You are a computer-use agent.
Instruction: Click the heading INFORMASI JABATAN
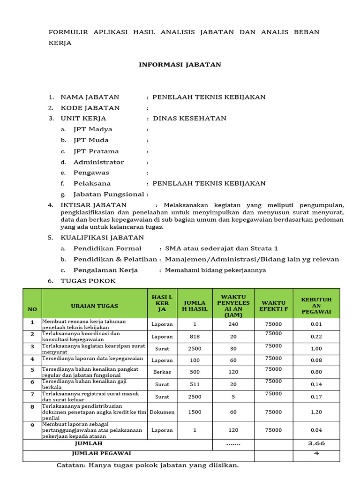[180, 65]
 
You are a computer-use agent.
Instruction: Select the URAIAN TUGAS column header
[94, 306]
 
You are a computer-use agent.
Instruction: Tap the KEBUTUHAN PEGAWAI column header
[316, 306]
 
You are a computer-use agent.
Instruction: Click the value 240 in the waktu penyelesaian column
[233, 324]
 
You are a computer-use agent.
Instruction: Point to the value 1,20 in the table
[316, 412]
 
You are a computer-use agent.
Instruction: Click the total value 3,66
[316, 443]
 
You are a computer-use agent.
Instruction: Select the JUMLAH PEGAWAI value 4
[316, 454]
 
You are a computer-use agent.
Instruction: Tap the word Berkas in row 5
[162, 372]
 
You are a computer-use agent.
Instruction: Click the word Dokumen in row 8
[162, 412]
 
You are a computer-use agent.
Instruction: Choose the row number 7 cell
[32, 395]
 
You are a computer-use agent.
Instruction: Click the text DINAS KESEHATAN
[189, 119]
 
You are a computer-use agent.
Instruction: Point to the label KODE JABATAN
[90, 108]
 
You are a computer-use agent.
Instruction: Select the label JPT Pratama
[96, 151]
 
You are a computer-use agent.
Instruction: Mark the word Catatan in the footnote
[71, 465]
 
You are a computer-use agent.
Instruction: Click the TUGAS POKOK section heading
[88, 281]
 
